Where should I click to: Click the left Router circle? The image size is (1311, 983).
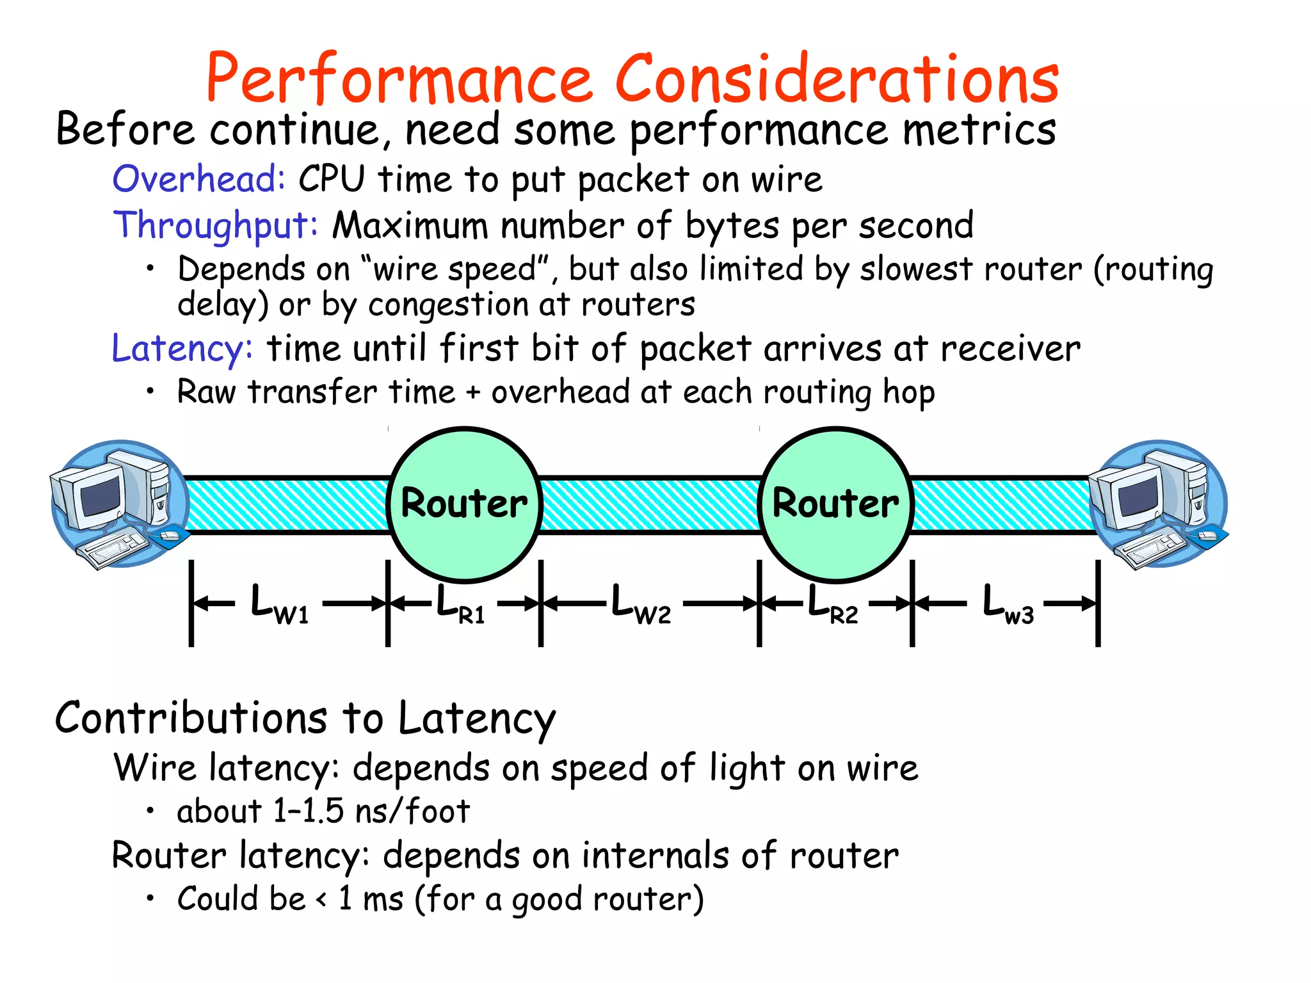(465, 504)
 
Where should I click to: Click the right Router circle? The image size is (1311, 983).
(836, 504)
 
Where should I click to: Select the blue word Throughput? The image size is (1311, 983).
(216, 225)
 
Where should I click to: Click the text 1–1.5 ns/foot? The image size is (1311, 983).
(371, 811)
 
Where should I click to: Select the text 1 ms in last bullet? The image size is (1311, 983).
(371, 899)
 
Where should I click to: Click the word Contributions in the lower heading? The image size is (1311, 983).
(191, 717)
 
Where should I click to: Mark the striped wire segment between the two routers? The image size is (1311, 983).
(650, 504)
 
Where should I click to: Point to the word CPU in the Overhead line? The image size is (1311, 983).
(332, 179)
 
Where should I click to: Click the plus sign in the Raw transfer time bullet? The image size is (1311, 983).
(473, 392)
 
